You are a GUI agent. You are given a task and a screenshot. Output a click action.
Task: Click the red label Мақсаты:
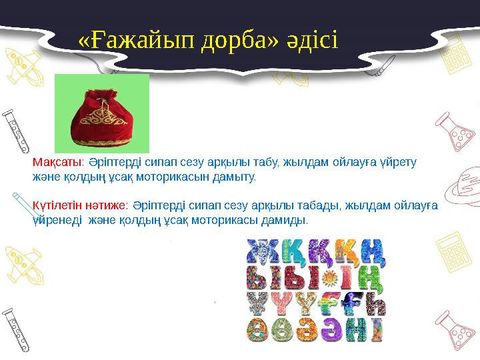point(57,162)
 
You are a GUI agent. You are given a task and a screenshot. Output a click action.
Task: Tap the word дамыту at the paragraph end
point(235,178)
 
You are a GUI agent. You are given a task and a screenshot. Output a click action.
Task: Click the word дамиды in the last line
point(287,220)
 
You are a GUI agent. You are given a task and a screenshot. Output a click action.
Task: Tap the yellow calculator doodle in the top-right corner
point(455,47)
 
